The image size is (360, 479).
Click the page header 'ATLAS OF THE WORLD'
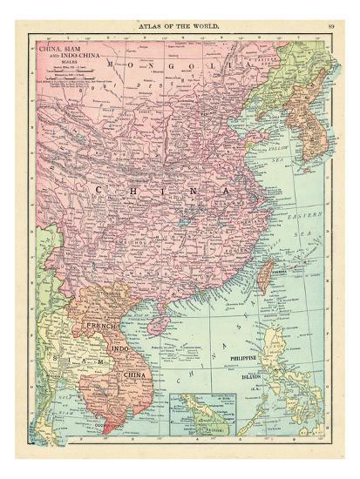pyautogui.click(x=180, y=25)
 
